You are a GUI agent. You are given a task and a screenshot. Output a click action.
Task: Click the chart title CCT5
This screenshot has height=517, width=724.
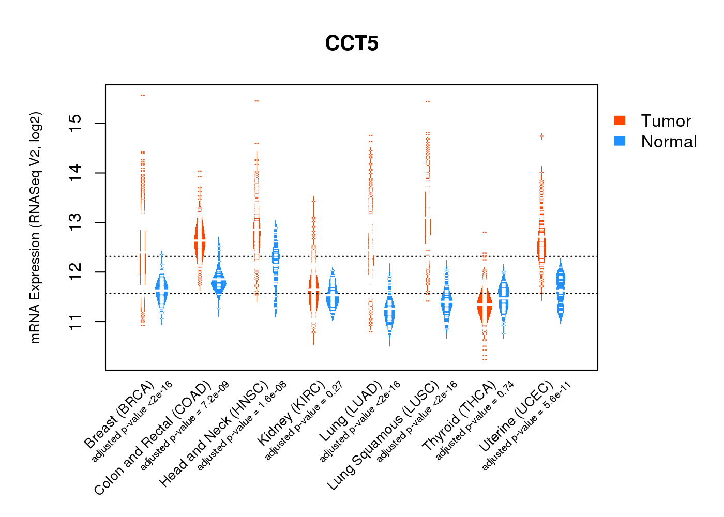(x=352, y=43)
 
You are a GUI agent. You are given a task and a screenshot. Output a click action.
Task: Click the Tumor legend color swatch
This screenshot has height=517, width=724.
(x=620, y=120)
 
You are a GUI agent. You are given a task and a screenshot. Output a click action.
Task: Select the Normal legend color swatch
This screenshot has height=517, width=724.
(x=620, y=141)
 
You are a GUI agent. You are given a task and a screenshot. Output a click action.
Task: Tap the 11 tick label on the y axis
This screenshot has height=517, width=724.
(x=76, y=322)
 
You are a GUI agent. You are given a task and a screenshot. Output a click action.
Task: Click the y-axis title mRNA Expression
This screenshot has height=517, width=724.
(x=35, y=227)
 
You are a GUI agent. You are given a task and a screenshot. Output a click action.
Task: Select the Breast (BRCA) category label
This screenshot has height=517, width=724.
(x=119, y=415)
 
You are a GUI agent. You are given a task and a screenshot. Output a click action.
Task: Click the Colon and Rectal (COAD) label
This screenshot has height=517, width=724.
(x=153, y=438)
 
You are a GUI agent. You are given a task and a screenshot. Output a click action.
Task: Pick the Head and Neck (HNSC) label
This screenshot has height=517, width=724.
(x=214, y=435)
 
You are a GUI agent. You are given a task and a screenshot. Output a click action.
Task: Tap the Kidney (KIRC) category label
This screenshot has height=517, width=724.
(x=291, y=413)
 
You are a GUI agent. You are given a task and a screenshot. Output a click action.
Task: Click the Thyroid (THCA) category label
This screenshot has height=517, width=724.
(x=459, y=417)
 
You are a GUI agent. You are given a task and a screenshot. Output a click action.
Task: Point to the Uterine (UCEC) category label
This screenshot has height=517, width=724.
(x=516, y=418)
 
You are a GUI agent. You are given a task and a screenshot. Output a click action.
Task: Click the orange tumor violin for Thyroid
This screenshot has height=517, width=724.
(x=485, y=305)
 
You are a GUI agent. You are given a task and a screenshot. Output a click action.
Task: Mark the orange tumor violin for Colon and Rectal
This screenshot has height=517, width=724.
(x=200, y=240)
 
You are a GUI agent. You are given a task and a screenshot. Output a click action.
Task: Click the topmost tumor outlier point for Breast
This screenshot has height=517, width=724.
(x=142, y=96)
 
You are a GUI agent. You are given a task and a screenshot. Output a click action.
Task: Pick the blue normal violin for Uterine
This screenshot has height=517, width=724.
(x=561, y=290)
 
